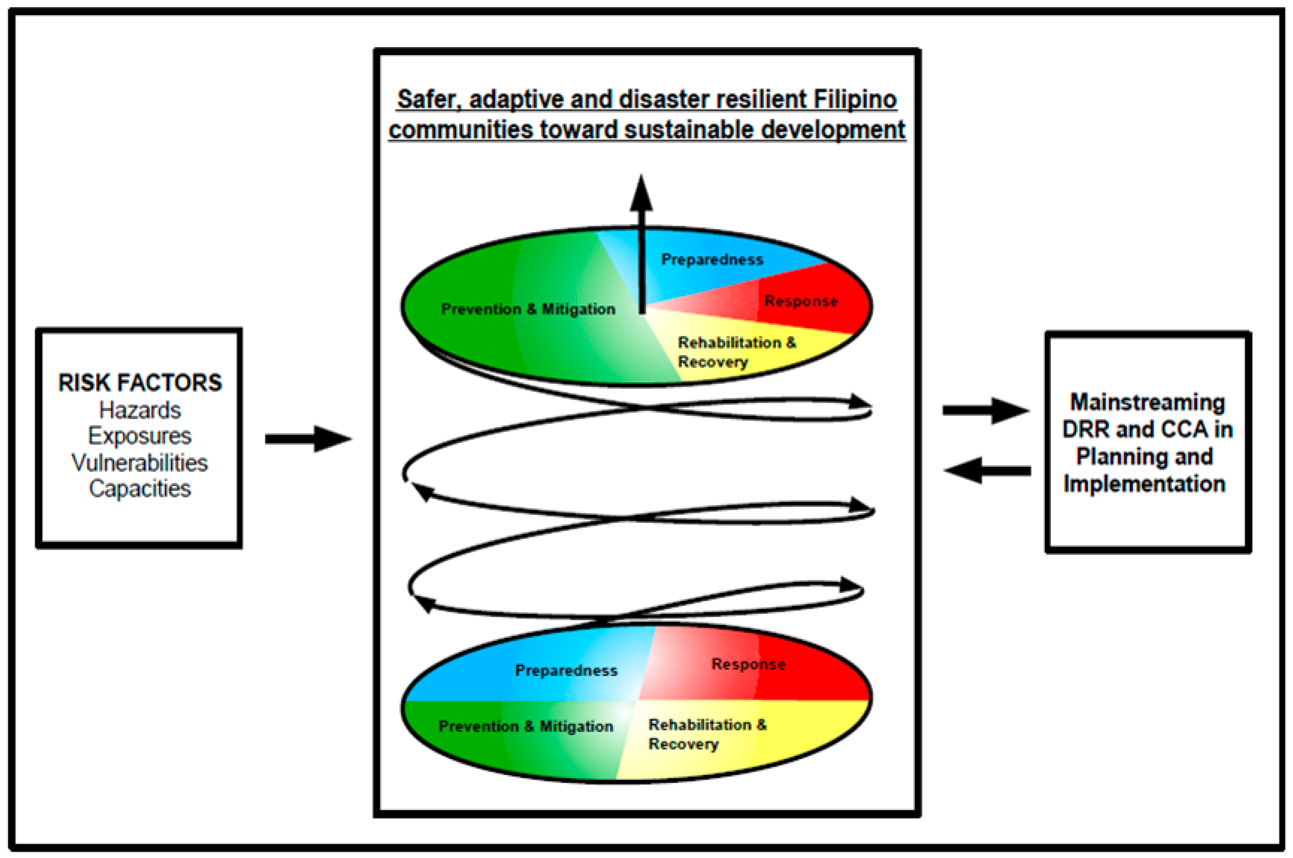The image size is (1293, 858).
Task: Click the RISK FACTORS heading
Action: click(x=140, y=383)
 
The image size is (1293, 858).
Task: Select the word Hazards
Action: click(x=140, y=410)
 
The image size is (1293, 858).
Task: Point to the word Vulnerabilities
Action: click(x=140, y=462)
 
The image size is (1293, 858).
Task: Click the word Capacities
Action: click(x=140, y=488)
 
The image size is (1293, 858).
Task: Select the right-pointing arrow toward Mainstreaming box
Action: click(x=986, y=410)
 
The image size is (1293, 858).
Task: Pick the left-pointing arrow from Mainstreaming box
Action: click(x=987, y=471)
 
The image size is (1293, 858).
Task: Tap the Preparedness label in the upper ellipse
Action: click(x=712, y=259)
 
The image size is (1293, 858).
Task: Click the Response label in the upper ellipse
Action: click(x=801, y=301)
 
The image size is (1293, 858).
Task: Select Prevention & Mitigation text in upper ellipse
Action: click(x=528, y=309)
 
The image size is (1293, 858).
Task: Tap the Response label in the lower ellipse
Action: click(x=748, y=664)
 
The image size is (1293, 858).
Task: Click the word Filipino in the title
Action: click(x=855, y=100)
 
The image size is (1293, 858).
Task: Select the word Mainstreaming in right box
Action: click(x=1147, y=402)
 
